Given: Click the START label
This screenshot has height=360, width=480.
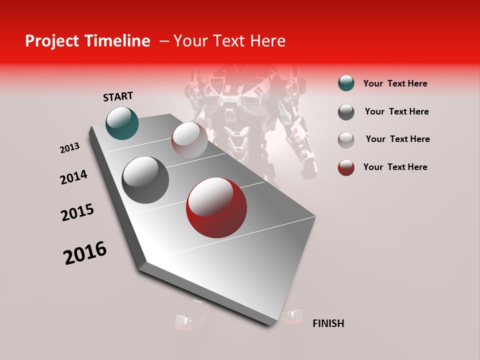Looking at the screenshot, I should pos(118,96).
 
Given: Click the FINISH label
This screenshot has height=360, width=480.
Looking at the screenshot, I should pos(328,323).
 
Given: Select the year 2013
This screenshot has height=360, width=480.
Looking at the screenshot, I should pos(70,148).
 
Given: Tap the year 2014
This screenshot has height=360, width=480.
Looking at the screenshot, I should pos(73,177).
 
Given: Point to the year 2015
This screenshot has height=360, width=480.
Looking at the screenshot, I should pos(77,212).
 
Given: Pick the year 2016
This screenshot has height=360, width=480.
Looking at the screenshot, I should pos(85,253).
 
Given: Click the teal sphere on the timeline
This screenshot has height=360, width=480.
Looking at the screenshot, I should pos(122,123).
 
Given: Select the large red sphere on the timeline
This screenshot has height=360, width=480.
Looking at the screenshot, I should pos(216,207).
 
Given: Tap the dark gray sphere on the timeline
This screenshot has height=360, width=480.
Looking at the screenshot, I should pos(145,180).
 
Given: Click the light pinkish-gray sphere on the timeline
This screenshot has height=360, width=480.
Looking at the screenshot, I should pos(189,140).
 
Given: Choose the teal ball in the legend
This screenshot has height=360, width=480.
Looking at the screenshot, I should pos(346,83).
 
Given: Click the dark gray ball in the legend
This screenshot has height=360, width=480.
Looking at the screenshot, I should pos(346,111).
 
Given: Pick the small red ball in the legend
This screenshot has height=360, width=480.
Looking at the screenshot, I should pos(346,167).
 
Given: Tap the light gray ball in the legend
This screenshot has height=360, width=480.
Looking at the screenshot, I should pos(346,139).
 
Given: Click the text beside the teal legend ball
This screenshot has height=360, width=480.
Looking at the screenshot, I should pos(395,83).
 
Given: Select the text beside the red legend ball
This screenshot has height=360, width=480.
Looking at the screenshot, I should pos(395,167).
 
